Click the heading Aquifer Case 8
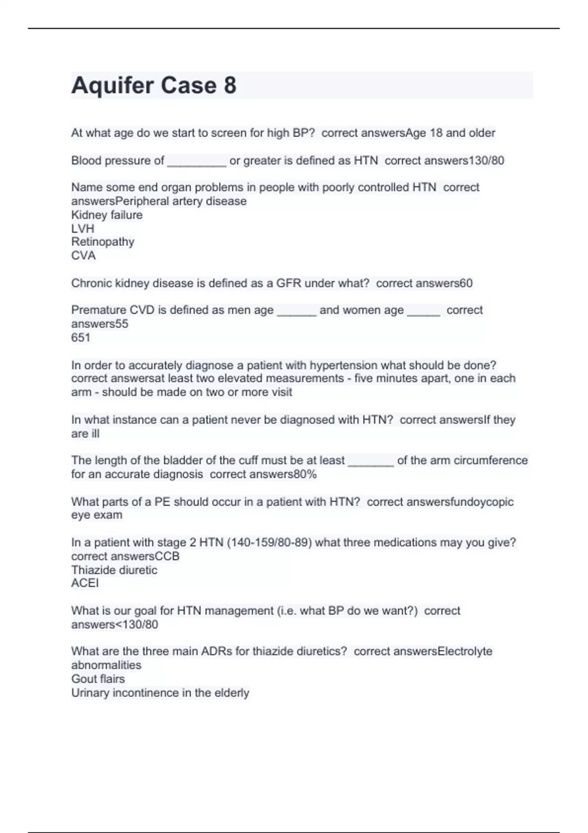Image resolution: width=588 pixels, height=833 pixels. click(x=154, y=85)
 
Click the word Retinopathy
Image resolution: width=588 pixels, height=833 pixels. click(x=102, y=242)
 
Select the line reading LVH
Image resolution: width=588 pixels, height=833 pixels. click(x=82, y=228)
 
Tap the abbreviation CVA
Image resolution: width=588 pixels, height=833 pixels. click(x=83, y=255)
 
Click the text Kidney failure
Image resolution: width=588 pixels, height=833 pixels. click(x=107, y=215)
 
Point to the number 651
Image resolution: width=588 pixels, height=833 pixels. click(x=81, y=337)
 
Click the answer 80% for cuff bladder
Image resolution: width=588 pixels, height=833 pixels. click(x=305, y=474)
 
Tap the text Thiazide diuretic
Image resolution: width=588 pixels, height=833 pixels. click(x=114, y=570)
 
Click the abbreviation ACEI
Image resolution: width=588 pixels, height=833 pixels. click(x=85, y=583)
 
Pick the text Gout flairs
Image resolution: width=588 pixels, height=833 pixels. click(x=98, y=679)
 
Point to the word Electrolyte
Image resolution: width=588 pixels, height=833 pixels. click(x=465, y=651)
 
